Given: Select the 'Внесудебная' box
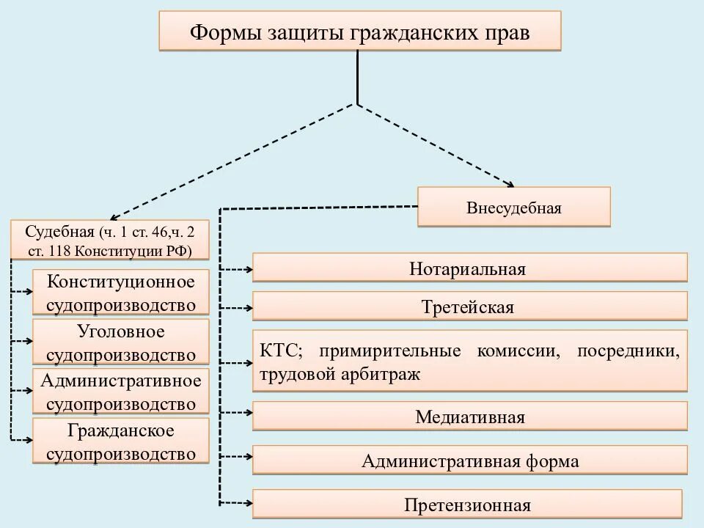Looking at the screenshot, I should (x=513, y=208).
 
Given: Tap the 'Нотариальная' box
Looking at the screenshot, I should (x=469, y=268).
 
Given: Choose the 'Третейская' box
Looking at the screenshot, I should (x=469, y=307).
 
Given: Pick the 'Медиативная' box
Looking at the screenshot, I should (x=469, y=417).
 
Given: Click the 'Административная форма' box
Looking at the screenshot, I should (x=469, y=461).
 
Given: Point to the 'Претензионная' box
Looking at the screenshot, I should (x=467, y=505).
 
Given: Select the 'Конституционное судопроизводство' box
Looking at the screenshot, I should (x=121, y=293).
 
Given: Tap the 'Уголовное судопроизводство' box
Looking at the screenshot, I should (x=121, y=342).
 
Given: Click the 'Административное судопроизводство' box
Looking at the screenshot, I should (x=121, y=392).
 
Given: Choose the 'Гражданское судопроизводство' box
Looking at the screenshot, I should (x=121, y=441).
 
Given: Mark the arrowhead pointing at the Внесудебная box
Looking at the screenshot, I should (x=508, y=183).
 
